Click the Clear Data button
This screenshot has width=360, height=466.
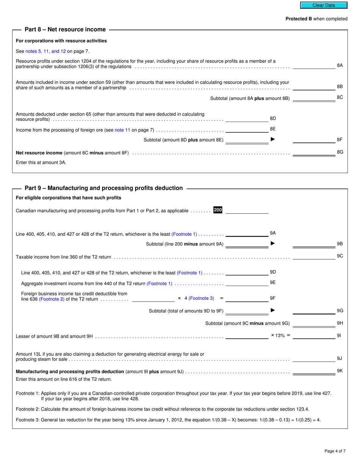324,5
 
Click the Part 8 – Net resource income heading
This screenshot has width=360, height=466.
65,30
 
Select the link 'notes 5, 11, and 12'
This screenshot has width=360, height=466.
45,51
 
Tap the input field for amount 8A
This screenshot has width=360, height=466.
314,66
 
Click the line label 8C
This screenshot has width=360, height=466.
340,97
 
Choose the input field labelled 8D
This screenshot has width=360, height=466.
247,119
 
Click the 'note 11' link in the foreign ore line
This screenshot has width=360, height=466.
122,130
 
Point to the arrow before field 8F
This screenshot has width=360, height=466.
272,139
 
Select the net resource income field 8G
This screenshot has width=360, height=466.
314,153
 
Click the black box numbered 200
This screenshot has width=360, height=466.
218,210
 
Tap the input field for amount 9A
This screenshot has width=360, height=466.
247,233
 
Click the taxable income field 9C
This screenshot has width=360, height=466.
314,256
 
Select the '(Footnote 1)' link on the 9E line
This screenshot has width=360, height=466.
160,283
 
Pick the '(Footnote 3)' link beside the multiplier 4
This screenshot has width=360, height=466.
201,298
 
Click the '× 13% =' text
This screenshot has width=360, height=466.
280,335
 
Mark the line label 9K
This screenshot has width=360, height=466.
340,371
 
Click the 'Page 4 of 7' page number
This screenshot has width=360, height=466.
335,451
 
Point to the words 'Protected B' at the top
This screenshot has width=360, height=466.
299,19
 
